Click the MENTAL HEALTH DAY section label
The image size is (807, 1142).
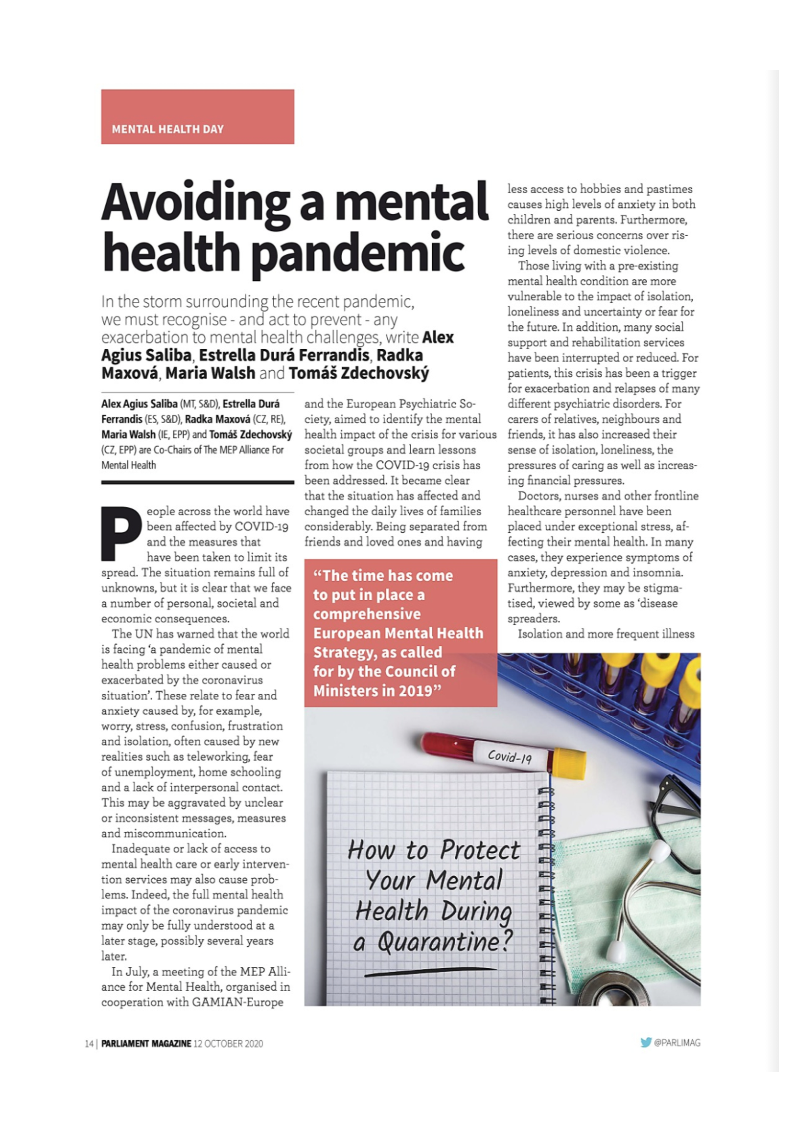168,129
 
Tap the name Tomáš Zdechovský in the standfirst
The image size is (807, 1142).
359,373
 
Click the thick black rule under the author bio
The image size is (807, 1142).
198,482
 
